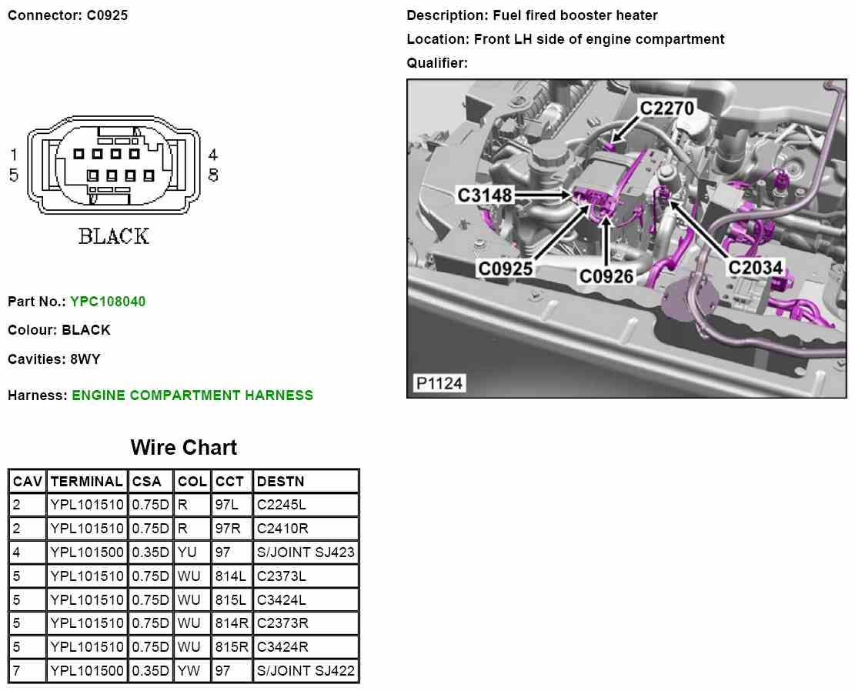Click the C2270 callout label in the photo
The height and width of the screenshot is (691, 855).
click(x=667, y=108)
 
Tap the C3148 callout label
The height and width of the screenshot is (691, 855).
click(x=485, y=195)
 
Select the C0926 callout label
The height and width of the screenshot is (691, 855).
click(x=606, y=275)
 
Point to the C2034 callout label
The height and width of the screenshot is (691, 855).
click(x=756, y=267)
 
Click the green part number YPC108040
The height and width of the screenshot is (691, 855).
click(x=108, y=302)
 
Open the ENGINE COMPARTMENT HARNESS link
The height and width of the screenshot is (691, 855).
click(x=192, y=396)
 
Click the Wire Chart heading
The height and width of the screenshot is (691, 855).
click(x=184, y=448)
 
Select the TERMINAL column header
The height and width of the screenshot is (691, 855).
click(x=86, y=482)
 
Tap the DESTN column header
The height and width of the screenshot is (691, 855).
click(x=281, y=482)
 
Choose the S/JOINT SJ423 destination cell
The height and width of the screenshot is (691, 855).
click(x=306, y=552)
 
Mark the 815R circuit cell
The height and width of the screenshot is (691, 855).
click(x=229, y=646)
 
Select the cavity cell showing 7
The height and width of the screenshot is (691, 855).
click(x=17, y=670)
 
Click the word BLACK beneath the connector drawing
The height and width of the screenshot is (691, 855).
click(x=113, y=235)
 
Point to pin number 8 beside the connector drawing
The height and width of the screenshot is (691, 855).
click(x=213, y=175)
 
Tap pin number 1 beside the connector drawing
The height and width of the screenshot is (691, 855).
click(x=14, y=155)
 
